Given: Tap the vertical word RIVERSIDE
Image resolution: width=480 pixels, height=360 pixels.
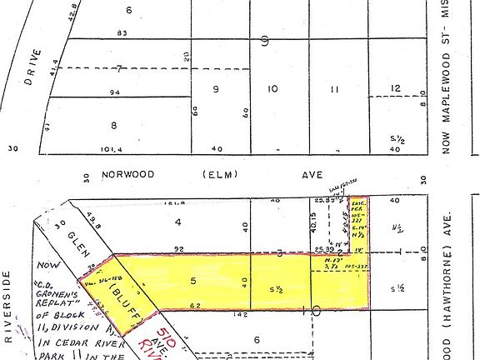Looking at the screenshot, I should pos(7,308).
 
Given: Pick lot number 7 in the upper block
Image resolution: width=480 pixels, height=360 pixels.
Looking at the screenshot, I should pos(120,68).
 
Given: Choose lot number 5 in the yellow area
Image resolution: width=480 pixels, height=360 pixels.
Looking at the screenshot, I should pos(192,282).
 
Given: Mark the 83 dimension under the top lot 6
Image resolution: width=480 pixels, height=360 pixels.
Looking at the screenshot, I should pos(122,33).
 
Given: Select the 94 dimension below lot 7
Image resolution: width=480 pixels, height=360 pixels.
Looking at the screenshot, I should pos(115,92).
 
